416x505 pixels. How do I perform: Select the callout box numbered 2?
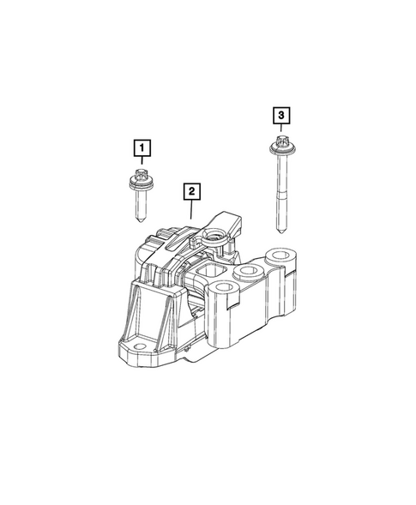tap(191, 191)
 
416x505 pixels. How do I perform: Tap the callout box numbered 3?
tap(280, 113)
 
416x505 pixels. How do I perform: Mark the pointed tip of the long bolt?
tap(282, 231)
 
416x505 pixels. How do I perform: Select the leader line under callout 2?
tap(191, 207)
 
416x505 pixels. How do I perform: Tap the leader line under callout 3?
tap(280, 129)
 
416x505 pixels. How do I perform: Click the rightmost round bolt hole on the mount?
tap(281, 259)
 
